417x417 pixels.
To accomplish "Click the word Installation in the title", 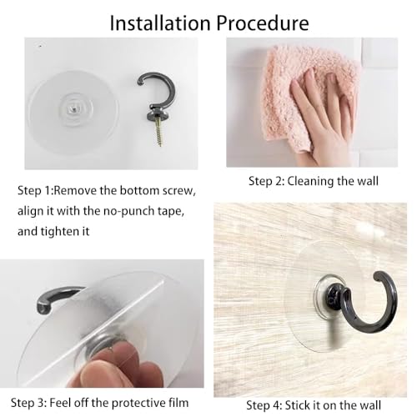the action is (160, 23).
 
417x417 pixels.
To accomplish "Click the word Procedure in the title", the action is (263, 24).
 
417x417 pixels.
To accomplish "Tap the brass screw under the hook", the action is (158, 132).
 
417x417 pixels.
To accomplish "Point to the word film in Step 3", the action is (178, 403).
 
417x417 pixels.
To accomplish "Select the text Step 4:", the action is (264, 406).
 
